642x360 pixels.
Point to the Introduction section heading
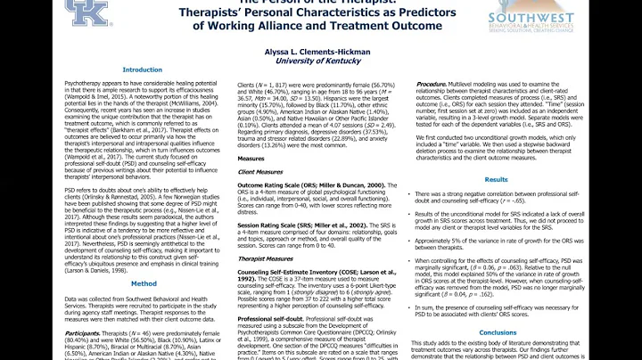142,69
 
